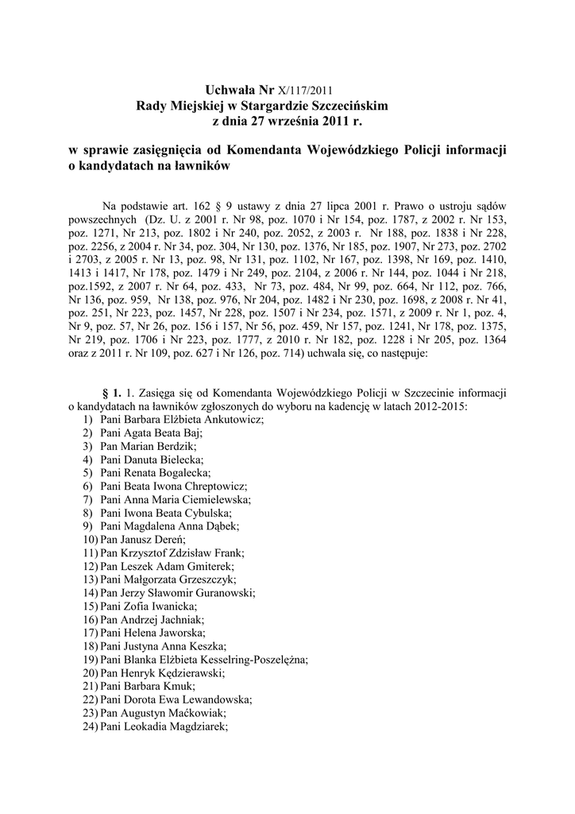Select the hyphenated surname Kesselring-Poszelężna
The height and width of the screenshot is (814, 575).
tap(254, 659)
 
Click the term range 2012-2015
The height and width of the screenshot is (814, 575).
tap(441, 406)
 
